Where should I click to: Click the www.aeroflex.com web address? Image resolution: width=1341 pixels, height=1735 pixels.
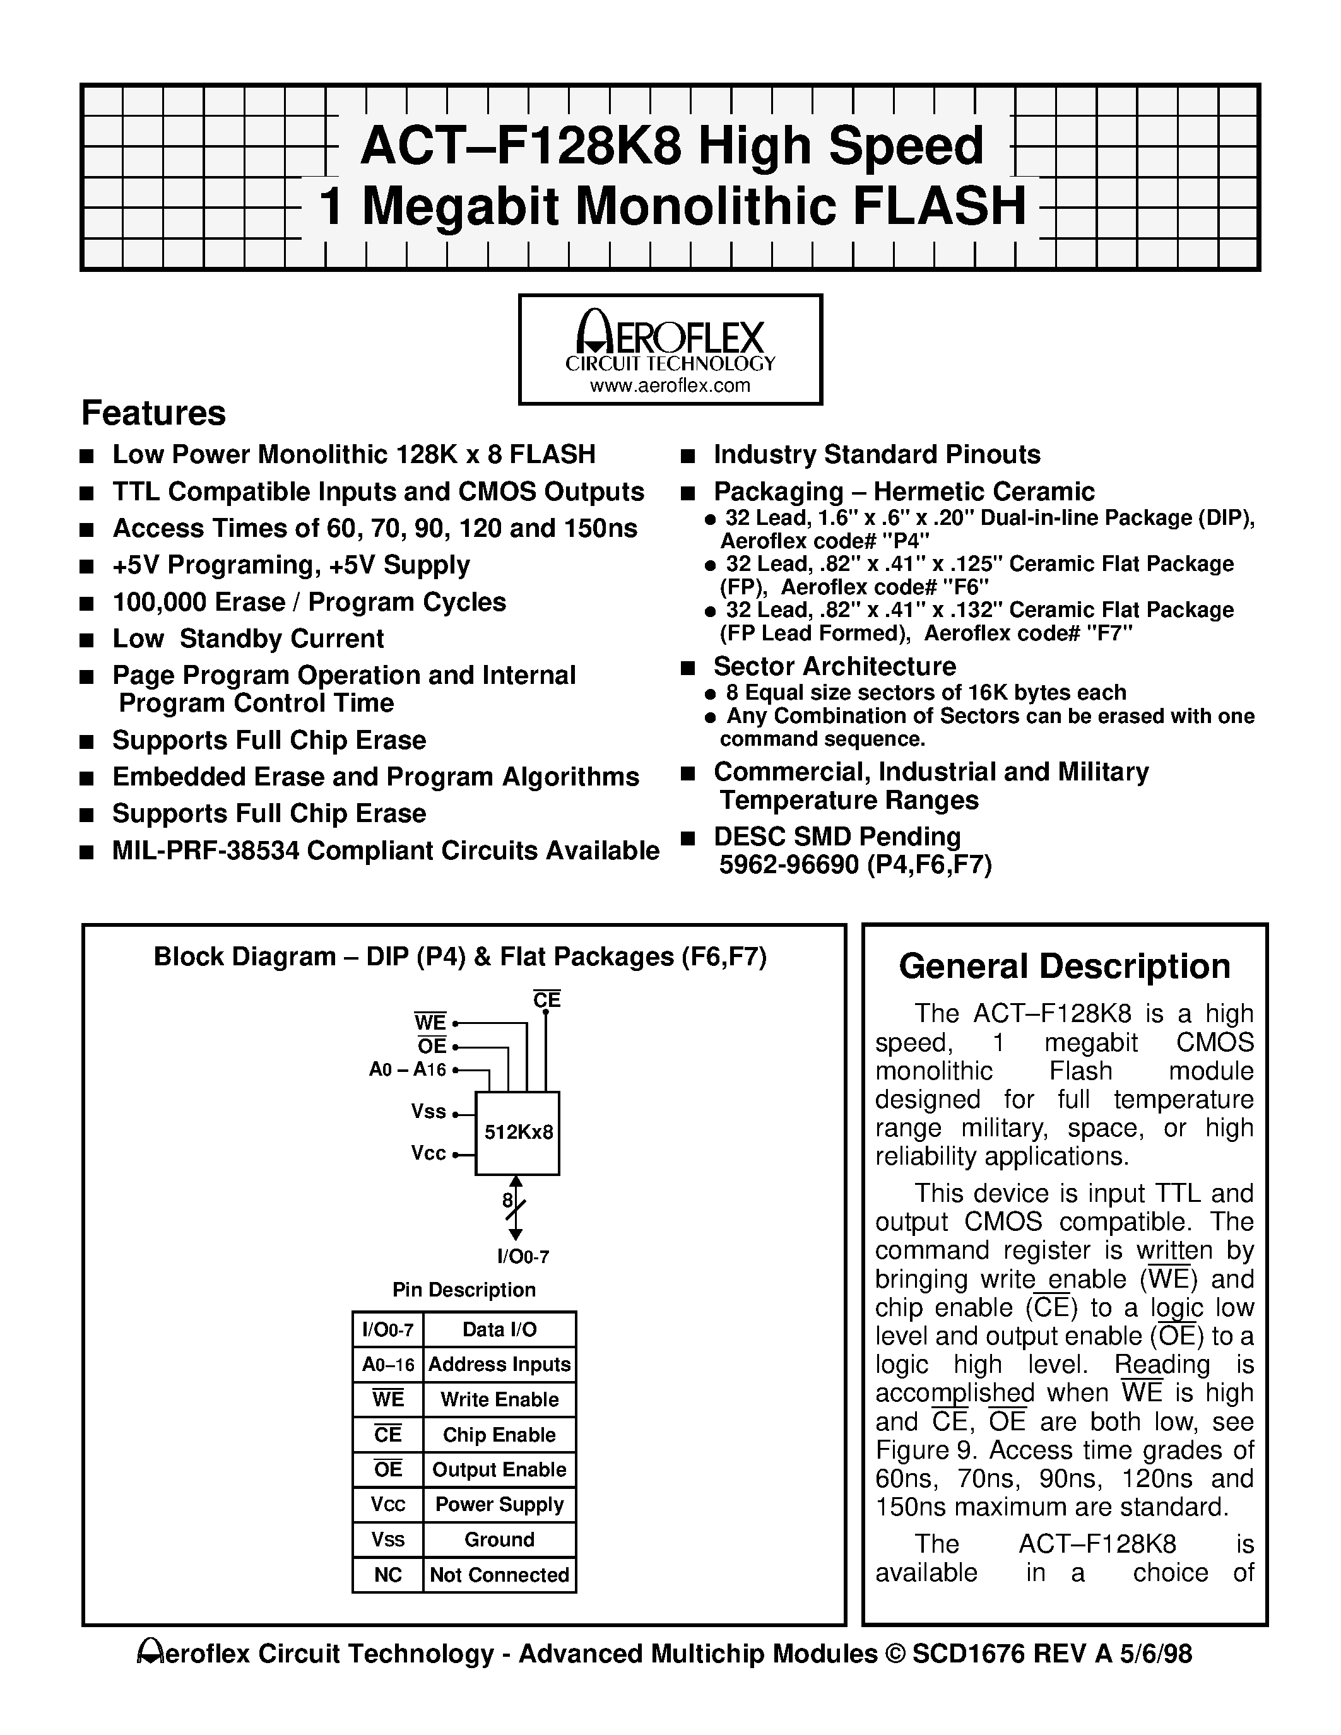pos(670,386)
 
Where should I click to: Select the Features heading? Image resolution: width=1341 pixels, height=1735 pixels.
pos(153,414)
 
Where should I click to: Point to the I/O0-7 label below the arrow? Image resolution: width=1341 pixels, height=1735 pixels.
pos(523,1256)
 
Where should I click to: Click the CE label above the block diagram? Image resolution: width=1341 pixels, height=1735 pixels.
pos(546,999)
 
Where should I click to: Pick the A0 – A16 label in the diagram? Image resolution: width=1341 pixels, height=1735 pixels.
pos(408,1069)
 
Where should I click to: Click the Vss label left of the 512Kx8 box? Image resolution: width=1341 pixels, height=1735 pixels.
pos(428,1112)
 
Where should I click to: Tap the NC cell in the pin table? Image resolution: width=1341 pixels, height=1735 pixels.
pos(387,1575)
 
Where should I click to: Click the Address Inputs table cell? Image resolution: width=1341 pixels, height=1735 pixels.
pos(499,1364)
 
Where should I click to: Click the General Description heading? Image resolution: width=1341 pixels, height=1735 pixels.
pos(1065,967)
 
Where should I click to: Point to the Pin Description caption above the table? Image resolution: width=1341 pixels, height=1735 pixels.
pos(464,1290)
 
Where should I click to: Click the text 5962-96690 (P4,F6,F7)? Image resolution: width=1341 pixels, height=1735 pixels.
pos(855,864)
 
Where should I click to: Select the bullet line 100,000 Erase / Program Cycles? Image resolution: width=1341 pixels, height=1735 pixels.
pos(309,602)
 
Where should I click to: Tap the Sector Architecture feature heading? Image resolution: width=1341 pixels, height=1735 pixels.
pos(834,666)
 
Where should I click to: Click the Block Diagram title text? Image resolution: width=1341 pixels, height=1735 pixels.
pos(460,956)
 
